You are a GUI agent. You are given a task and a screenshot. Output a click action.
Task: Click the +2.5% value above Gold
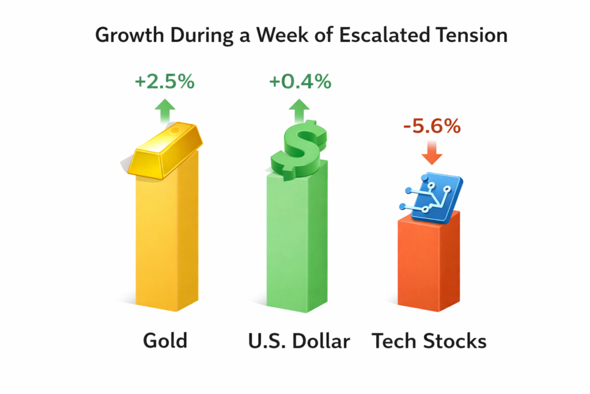(x=164, y=82)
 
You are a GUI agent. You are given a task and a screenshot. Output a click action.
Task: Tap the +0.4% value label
(x=300, y=82)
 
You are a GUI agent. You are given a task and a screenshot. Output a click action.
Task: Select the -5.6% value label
(x=432, y=126)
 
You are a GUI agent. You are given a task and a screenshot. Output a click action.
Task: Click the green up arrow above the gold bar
(x=166, y=110)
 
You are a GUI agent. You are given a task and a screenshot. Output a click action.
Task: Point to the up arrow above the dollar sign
(x=299, y=110)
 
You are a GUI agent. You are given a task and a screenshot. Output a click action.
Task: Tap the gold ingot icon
(x=164, y=149)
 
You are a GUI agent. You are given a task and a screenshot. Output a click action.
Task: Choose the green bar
(x=298, y=242)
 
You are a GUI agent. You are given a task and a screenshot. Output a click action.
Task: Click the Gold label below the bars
(x=165, y=341)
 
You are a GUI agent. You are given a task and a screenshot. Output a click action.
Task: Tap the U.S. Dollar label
(x=298, y=341)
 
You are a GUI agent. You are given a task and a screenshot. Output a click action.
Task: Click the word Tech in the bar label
(x=396, y=341)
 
